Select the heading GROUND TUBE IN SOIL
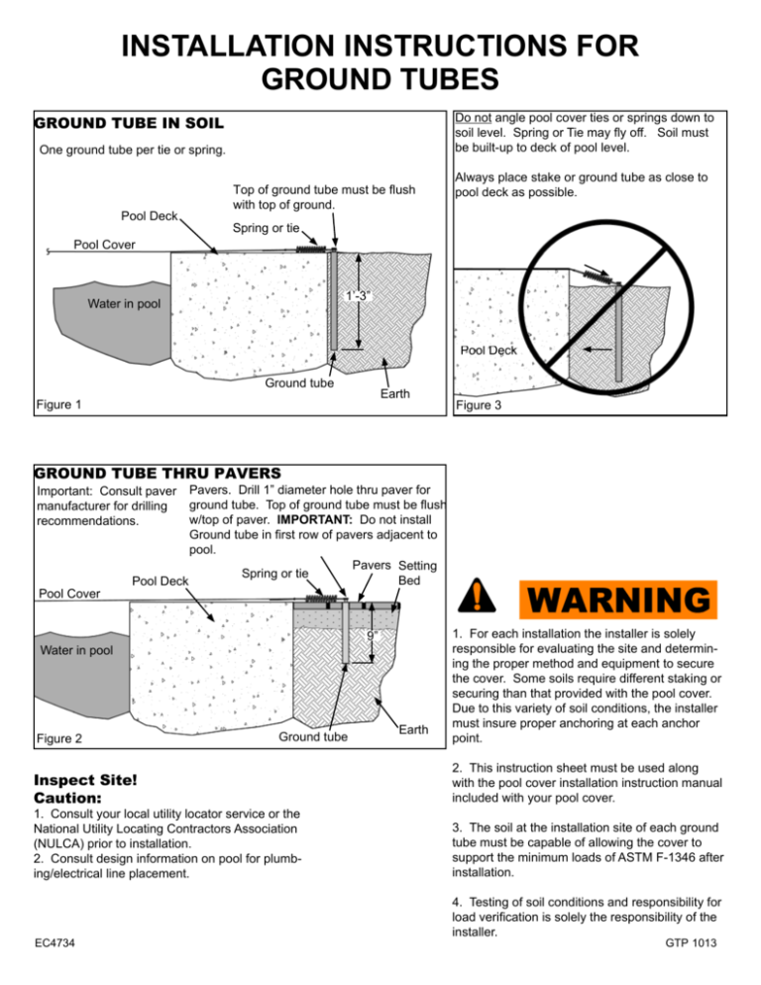(x=129, y=125)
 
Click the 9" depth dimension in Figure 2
(x=368, y=636)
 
